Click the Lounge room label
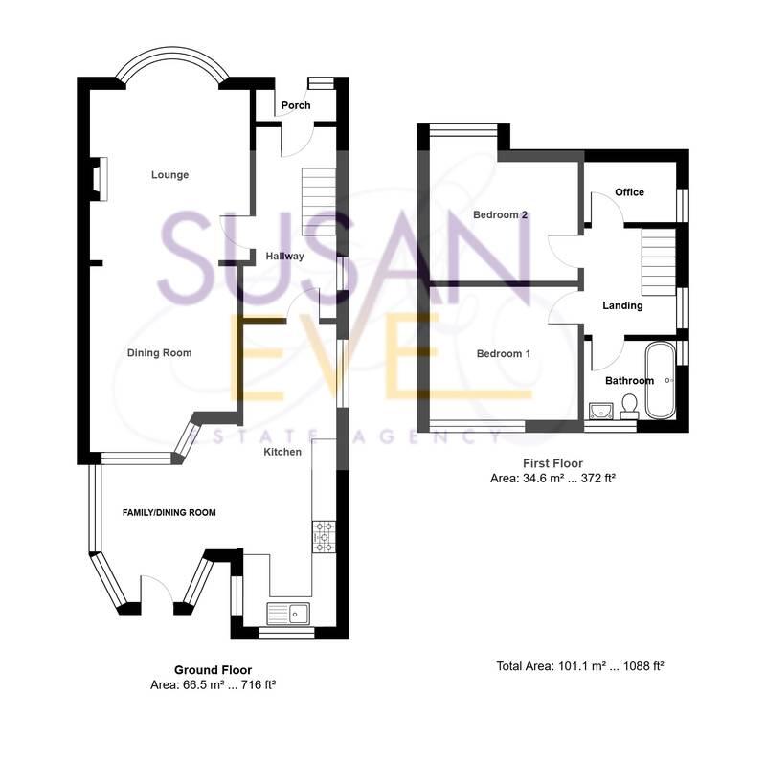click(169, 175)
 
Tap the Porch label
click(296, 105)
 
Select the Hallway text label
click(284, 256)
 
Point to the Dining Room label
click(160, 353)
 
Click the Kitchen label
click(283, 451)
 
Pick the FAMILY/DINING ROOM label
click(169, 513)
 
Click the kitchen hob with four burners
click(323, 536)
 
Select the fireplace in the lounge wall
click(99, 179)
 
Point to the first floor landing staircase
click(658, 260)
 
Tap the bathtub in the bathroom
click(661, 381)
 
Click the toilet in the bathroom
click(628, 410)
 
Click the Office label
click(629, 192)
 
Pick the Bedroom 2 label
click(501, 215)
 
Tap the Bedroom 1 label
click(504, 354)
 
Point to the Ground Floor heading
click(213, 670)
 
